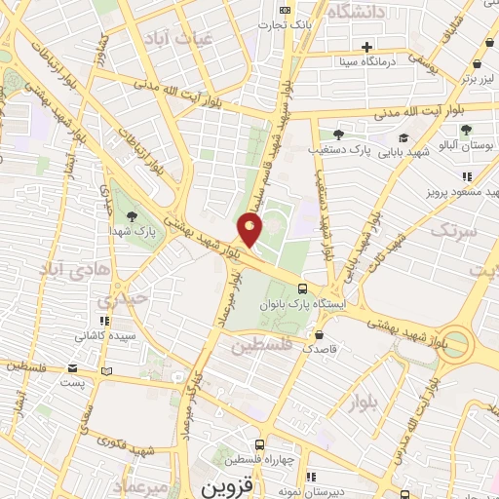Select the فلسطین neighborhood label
[261, 344]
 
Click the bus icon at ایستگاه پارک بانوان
[304, 288]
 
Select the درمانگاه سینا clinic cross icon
[366, 47]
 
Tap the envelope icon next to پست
[74, 368]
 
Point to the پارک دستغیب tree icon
[337, 134]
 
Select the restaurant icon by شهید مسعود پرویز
[467, 176]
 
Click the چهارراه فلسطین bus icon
[258, 444]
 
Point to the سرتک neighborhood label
[455, 231]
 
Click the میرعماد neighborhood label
[142, 484]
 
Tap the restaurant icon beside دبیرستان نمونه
[311, 477]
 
